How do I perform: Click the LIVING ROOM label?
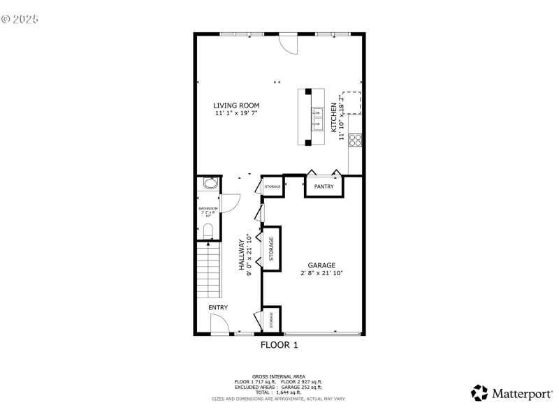coord(236,105)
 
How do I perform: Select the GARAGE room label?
coord(321,265)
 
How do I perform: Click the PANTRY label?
coord(324,186)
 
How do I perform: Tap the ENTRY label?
coord(217,307)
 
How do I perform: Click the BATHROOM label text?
coord(208,209)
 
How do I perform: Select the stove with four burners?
coord(355,140)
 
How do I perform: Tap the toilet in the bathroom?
coord(208,230)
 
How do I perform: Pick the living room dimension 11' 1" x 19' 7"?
coord(236,113)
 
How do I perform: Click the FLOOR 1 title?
coord(279,345)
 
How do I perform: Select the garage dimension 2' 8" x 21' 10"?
coord(321,273)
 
